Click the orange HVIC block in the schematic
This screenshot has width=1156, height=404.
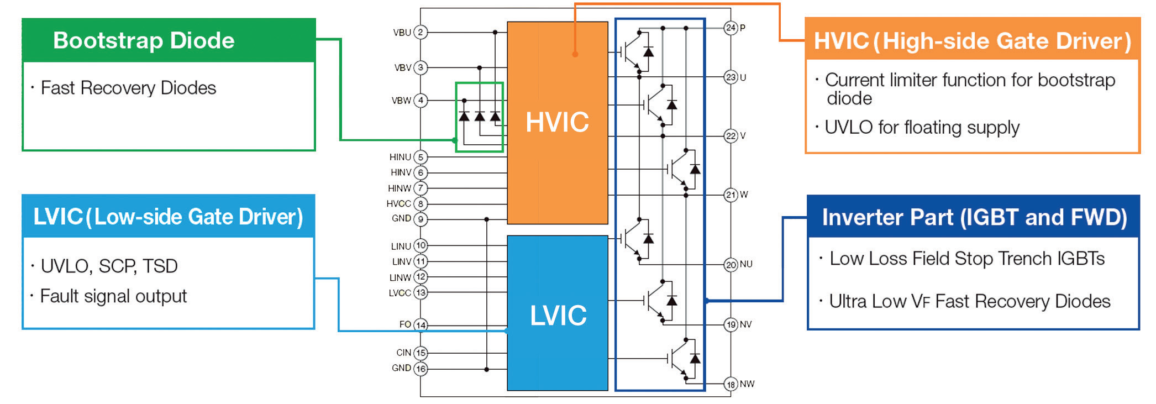pos(557,123)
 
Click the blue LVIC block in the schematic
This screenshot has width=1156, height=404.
pos(557,314)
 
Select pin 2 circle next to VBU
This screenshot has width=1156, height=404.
pos(421,32)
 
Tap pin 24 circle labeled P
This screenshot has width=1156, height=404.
pos(731,28)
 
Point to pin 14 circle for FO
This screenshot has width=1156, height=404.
pos(421,324)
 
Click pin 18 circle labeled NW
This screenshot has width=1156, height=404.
pos(731,384)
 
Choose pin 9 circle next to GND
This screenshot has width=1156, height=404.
pos(421,219)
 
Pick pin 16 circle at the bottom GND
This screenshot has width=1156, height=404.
pos(421,369)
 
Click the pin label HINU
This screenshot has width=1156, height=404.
pos(400,158)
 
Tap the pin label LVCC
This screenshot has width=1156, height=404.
pos(400,293)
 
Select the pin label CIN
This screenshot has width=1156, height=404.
pos(403,353)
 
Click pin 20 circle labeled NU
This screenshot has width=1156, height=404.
pos(731,265)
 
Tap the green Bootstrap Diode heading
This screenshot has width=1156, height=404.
pos(144,40)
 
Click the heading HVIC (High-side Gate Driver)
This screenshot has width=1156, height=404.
pos(972,41)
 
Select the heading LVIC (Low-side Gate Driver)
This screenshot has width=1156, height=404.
pos(168,217)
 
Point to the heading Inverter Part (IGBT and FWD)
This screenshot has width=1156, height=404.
pos(974,217)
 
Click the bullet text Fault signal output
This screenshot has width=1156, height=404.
pos(114,296)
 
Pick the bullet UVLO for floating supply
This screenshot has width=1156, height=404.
pos(922,128)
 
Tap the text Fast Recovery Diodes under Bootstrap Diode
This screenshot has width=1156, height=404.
pos(128,88)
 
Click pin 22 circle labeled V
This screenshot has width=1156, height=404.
pos(731,136)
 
